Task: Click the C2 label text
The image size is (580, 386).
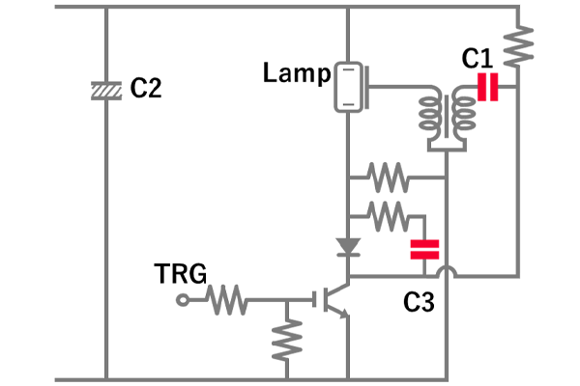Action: coord(146,89)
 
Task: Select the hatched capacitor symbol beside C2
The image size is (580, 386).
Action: coord(106,89)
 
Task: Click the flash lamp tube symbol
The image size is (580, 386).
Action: coord(345,87)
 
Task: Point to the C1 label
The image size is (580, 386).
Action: coord(478,59)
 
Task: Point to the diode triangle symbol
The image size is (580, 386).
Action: coord(347,248)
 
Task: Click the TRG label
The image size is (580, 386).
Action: coord(181,274)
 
